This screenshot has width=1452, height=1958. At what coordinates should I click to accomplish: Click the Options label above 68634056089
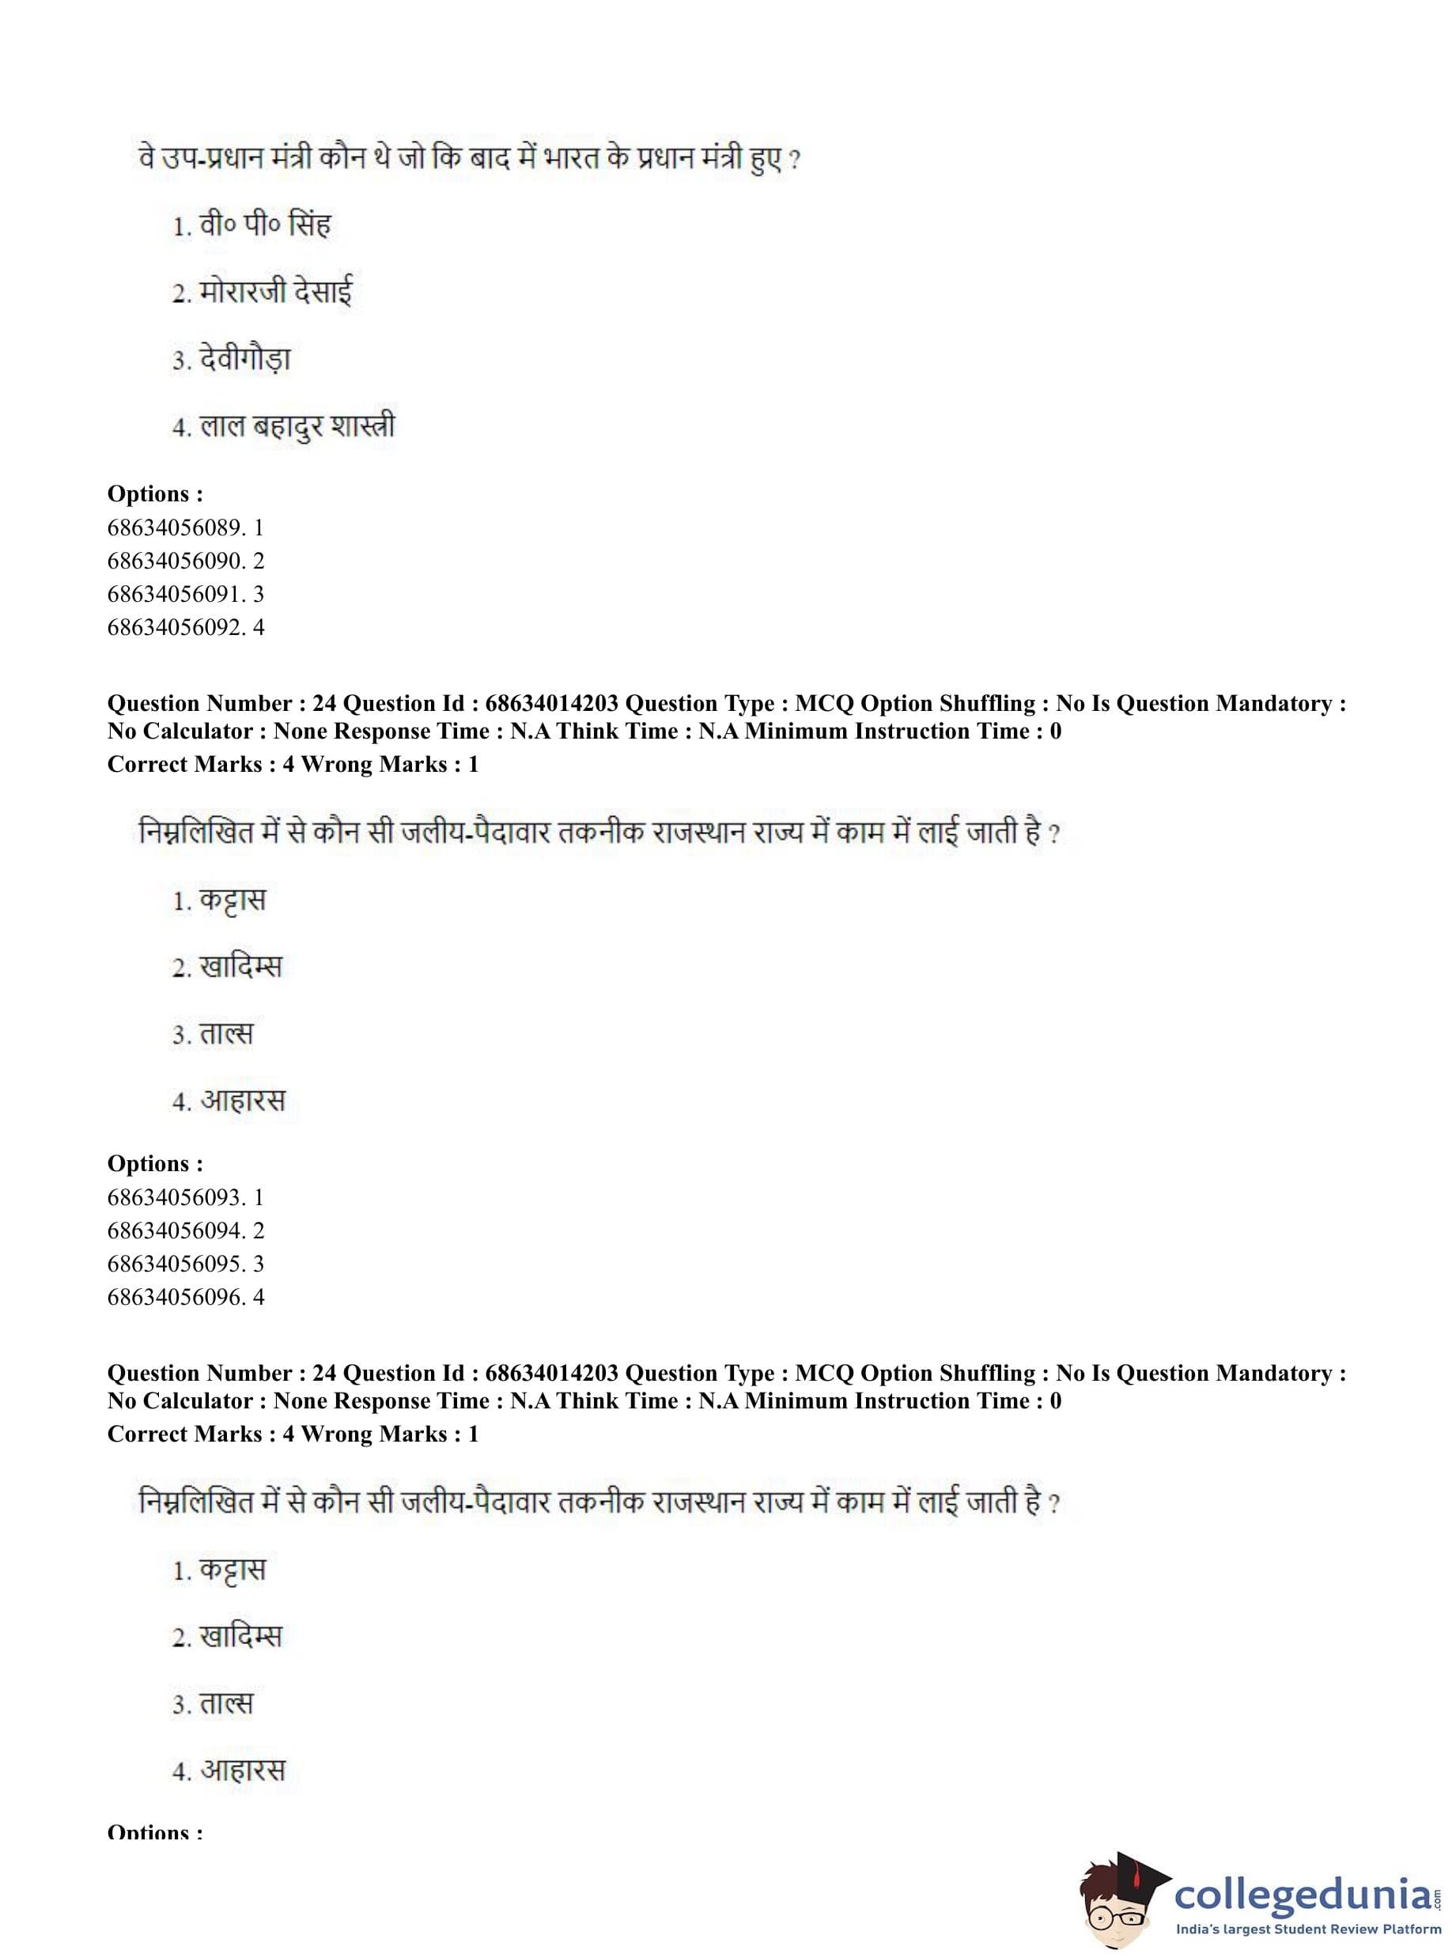tap(155, 494)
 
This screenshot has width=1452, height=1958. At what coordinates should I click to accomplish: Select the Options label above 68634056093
tap(155, 1163)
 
